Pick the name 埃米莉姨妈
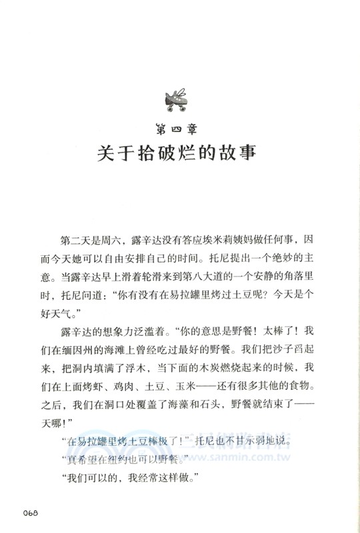(x=235, y=239)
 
